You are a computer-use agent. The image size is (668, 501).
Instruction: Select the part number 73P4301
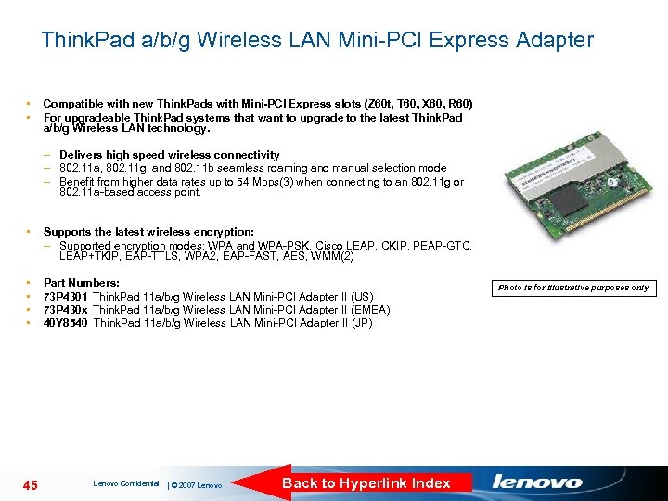pyautogui.click(x=66, y=297)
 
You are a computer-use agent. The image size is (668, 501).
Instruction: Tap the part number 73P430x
pyautogui.click(x=66, y=310)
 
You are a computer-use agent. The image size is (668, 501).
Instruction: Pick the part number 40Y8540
pyautogui.click(x=66, y=323)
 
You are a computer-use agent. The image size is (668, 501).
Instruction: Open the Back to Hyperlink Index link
pyautogui.click(x=366, y=482)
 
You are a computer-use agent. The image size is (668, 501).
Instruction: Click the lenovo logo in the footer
pyautogui.click(x=537, y=482)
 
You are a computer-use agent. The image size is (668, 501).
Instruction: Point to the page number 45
pyautogui.click(x=29, y=484)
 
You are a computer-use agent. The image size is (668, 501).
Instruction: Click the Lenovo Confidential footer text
pyautogui.click(x=126, y=483)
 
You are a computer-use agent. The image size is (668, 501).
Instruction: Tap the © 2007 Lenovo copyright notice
pyautogui.click(x=198, y=485)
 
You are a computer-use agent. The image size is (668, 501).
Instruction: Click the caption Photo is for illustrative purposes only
pyautogui.click(x=573, y=288)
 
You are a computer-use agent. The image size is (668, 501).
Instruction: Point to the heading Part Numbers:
pyautogui.click(x=82, y=283)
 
